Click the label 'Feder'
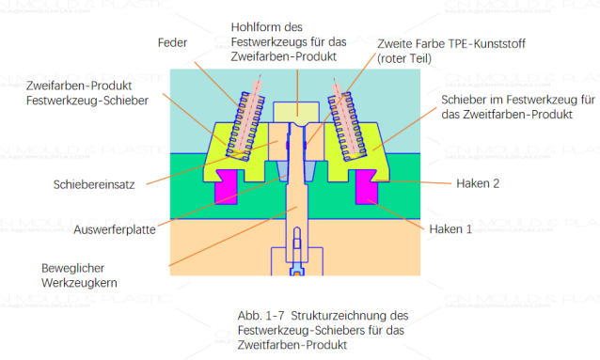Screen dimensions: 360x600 point(173,43)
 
